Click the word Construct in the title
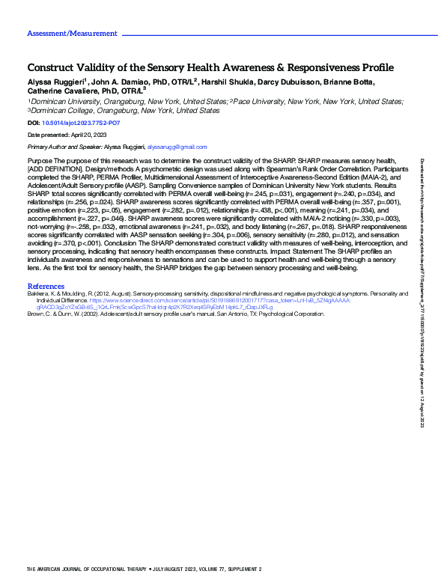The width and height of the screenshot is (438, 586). (x=54, y=67)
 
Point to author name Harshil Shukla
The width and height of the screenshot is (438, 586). (x=229, y=82)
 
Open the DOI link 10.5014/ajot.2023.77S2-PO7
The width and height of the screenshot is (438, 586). (x=81, y=122)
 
